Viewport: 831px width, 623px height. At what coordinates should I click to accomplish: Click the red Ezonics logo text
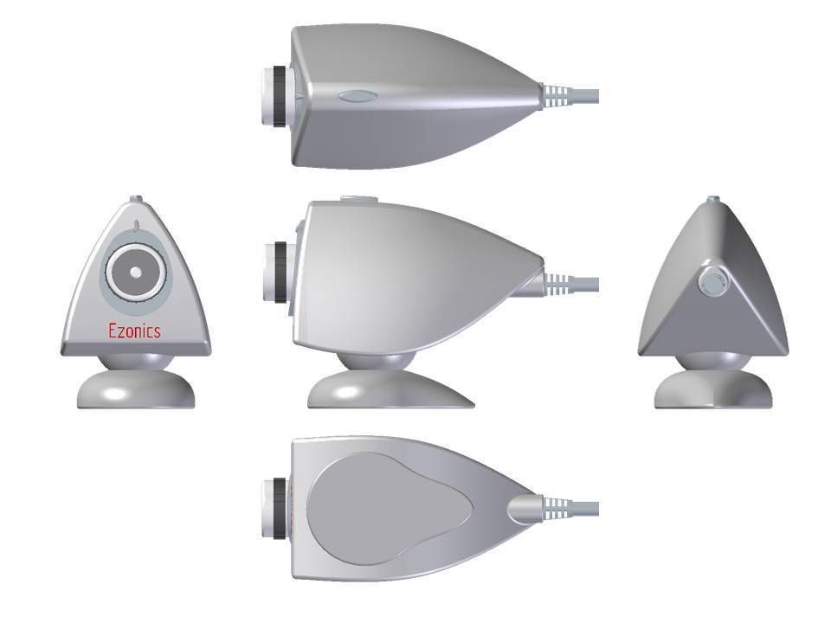pos(134,331)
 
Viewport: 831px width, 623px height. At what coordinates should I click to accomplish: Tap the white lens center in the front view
pos(135,272)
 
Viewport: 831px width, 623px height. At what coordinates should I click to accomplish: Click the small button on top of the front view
pos(135,199)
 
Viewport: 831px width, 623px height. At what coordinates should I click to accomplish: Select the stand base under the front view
pos(136,391)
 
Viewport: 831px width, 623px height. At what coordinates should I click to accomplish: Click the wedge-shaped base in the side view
pos(390,392)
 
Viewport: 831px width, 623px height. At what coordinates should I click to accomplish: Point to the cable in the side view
pos(585,283)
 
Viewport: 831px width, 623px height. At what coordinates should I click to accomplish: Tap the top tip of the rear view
pos(712,200)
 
